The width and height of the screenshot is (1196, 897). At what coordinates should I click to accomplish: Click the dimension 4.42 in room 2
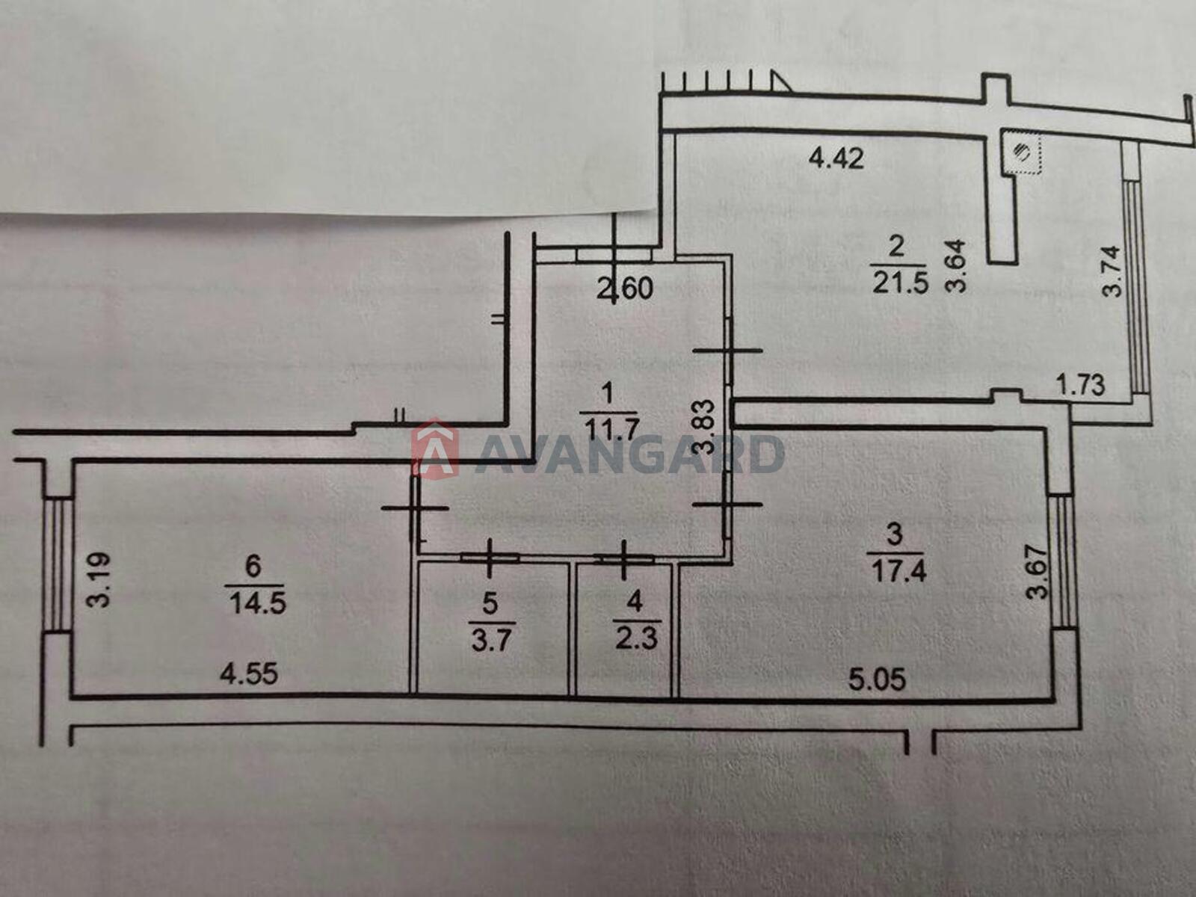[x=836, y=158]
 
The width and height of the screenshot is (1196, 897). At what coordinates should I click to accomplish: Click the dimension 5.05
[x=877, y=679]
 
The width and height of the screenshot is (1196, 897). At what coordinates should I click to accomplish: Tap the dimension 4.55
[x=249, y=674]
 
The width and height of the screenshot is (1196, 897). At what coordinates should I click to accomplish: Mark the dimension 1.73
[x=1080, y=385]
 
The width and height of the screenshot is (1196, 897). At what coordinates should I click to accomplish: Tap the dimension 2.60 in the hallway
[x=626, y=289]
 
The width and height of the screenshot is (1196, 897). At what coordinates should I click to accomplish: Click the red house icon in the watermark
[x=435, y=449]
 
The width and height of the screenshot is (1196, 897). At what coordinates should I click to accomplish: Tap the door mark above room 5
[x=490, y=558]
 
